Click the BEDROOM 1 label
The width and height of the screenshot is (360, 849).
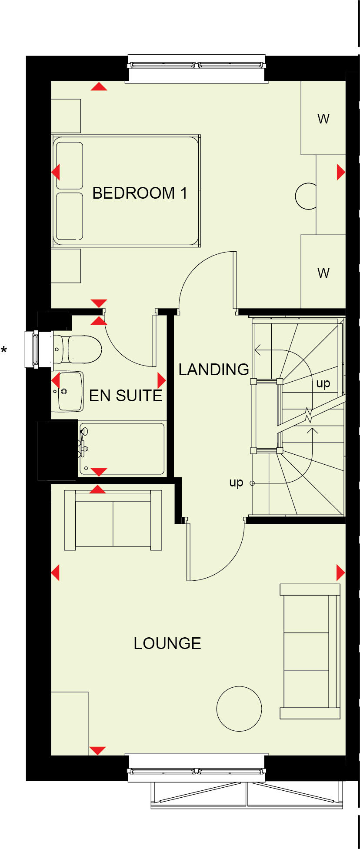pos(140,193)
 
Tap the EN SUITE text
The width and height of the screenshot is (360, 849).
pos(125,396)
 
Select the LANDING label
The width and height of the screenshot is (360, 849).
pos(213,370)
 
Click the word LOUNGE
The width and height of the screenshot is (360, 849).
pos(167,643)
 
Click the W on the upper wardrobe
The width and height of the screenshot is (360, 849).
pos(323,119)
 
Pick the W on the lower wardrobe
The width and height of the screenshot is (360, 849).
pos(323,273)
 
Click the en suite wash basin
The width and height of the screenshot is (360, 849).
pos(70,391)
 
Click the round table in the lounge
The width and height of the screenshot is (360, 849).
pos(239,709)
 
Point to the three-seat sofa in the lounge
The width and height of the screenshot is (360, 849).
pos(310,651)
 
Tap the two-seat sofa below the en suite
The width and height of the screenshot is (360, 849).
pos(113,520)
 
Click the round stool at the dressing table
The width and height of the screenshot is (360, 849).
pos(306,196)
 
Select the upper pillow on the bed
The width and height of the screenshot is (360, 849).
pos(70,166)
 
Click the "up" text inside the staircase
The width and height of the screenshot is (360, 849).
pos(323,383)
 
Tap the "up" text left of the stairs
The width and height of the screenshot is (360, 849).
pos(236,483)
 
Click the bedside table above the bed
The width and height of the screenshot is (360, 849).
pos(66,116)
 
